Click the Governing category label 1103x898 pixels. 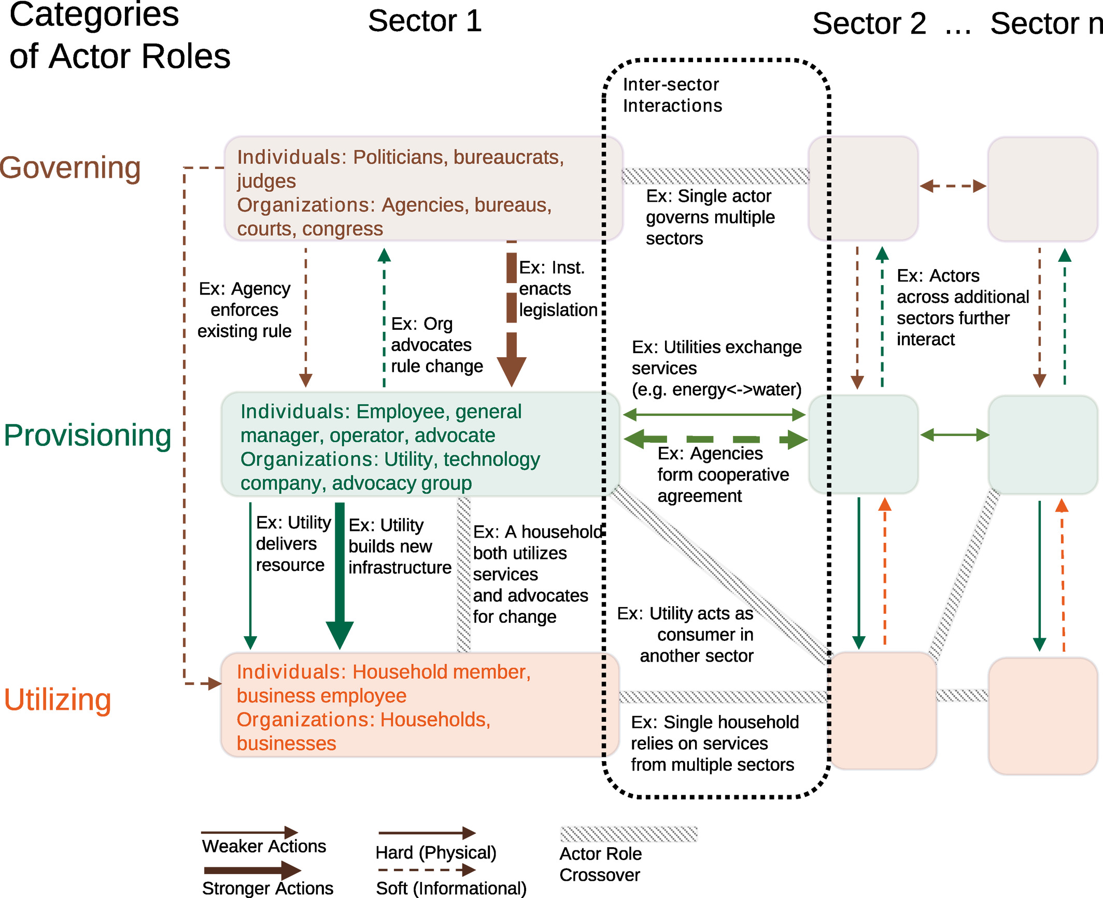[x=70, y=167]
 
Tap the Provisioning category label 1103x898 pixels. [x=87, y=435]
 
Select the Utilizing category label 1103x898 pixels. [x=58, y=699]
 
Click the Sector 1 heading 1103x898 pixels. [x=425, y=21]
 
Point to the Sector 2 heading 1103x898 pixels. [x=869, y=24]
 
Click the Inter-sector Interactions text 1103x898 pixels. [x=672, y=95]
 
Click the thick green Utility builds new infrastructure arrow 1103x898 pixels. [x=340, y=576]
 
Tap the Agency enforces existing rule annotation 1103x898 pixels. [x=244, y=310]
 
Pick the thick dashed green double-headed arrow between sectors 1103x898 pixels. [x=715, y=439]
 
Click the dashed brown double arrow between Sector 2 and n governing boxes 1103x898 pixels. [x=953, y=186]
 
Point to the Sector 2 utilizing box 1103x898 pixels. [x=883, y=710]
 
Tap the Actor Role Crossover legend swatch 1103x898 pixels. [x=628, y=834]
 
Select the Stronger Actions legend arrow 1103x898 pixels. [x=252, y=871]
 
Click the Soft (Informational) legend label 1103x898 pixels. [x=450, y=888]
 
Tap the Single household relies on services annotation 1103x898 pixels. [x=714, y=743]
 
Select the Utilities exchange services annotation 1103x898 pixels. [x=716, y=368]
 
